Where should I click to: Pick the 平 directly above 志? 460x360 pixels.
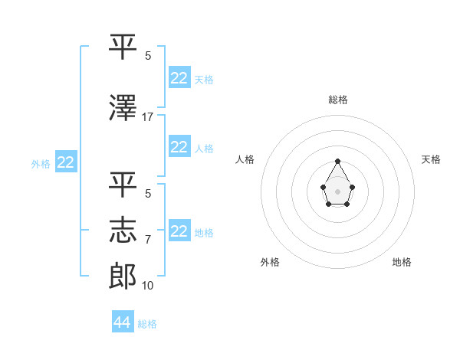tap(123, 184)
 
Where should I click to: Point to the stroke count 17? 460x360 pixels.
tap(148, 116)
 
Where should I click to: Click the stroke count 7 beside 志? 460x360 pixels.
tap(148, 240)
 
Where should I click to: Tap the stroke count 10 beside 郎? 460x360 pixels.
tap(148, 286)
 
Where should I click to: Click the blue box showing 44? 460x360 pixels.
tap(123, 322)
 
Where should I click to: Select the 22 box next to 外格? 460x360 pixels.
tap(65, 162)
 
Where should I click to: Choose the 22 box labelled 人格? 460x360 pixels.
tap(179, 148)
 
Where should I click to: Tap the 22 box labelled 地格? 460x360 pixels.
tap(179, 232)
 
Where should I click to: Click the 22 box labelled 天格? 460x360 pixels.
tap(179, 78)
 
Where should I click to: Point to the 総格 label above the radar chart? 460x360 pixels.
tap(337, 100)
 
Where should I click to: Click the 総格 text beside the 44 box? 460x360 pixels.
tap(147, 324)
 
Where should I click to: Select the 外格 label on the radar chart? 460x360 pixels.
tap(270, 262)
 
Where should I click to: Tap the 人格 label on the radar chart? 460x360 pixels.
tap(245, 159)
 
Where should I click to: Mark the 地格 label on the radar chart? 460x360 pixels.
tap(402, 262)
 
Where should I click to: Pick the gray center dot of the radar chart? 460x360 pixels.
tap(337, 191)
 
